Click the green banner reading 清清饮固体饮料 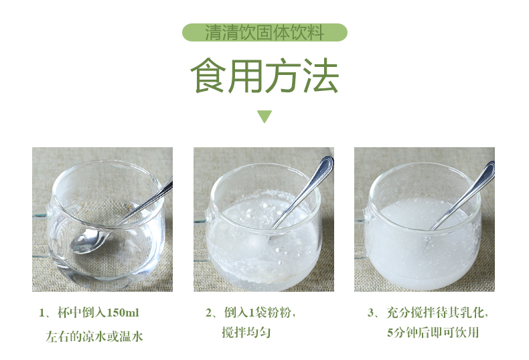(x=264, y=33)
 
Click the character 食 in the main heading (x=209, y=77)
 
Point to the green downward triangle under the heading (x=264, y=116)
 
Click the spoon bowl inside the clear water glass (x=86, y=239)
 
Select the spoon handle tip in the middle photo (x=327, y=162)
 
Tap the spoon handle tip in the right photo (x=489, y=167)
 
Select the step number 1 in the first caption (x=42, y=313)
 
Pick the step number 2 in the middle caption (x=209, y=313)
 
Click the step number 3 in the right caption (x=370, y=313)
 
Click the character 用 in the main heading (x=246, y=77)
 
